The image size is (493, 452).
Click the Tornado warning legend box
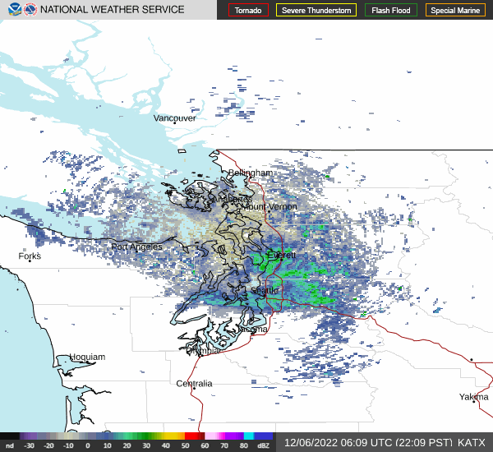click(248, 11)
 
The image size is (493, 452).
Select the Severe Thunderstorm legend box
click(315, 11)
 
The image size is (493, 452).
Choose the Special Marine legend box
click(454, 11)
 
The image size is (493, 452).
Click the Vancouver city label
click(175, 118)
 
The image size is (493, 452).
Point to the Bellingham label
click(250, 173)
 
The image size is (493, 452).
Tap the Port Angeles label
click(136, 247)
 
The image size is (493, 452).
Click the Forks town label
click(30, 256)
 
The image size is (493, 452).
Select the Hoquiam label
click(87, 357)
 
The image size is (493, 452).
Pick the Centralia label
click(194, 384)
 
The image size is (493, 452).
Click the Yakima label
click(473, 397)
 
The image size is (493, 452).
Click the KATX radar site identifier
click(471, 442)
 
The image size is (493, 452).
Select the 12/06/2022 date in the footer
click(308, 442)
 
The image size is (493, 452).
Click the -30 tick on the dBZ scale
click(30, 445)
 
